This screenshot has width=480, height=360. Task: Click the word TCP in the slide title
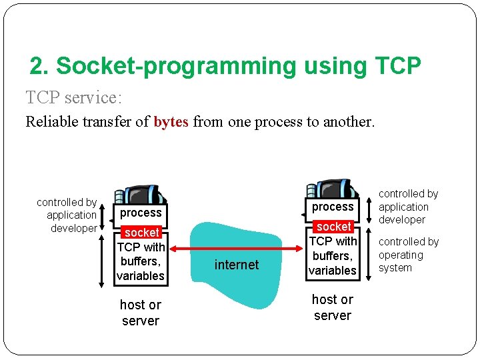pos(397,66)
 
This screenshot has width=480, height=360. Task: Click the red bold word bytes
pos(171,122)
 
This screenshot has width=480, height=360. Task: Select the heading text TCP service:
pos(73,98)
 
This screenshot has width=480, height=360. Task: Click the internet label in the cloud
pos(236,265)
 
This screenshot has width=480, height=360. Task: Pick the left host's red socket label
pos(142,232)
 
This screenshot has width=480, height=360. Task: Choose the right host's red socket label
pos(333,227)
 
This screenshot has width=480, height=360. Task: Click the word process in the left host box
pos(141,213)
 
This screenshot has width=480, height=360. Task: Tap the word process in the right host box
pos(333,207)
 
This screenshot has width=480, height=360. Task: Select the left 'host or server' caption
pos(140,313)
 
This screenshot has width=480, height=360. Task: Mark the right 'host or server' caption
pos(332,307)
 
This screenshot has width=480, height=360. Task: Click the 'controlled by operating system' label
pos(409,255)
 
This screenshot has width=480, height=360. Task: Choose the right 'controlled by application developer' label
pos(408,207)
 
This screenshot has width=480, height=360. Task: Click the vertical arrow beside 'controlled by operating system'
pos(369,254)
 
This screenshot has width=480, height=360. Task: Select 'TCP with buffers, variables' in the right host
pos(333,256)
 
